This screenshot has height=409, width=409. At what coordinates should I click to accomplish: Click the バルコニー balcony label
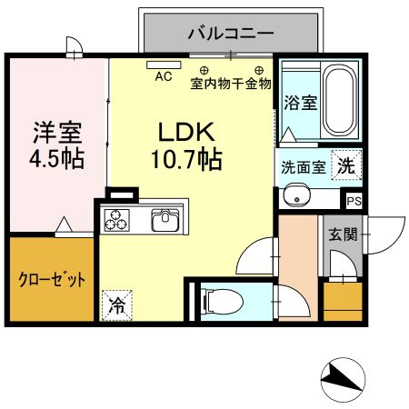click(x=231, y=35)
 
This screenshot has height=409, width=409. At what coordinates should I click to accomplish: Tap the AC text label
click(x=164, y=77)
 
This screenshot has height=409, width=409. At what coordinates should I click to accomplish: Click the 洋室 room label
click(x=57, y=133)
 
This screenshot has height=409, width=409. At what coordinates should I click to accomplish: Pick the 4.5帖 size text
click(x=57, y=160)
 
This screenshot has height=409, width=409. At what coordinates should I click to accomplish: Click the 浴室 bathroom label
click(x=300, y=102)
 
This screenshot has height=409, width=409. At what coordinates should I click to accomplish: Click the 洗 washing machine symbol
click(x=344, y=165)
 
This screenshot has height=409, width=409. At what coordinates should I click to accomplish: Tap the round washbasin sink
click(x=295, y=195)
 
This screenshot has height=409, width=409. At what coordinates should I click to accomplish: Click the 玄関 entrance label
click(x=344, y=234)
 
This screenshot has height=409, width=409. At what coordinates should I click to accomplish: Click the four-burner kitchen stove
click(x=117, y=220)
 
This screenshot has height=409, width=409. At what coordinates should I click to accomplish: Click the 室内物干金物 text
click(x=231, y=85)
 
